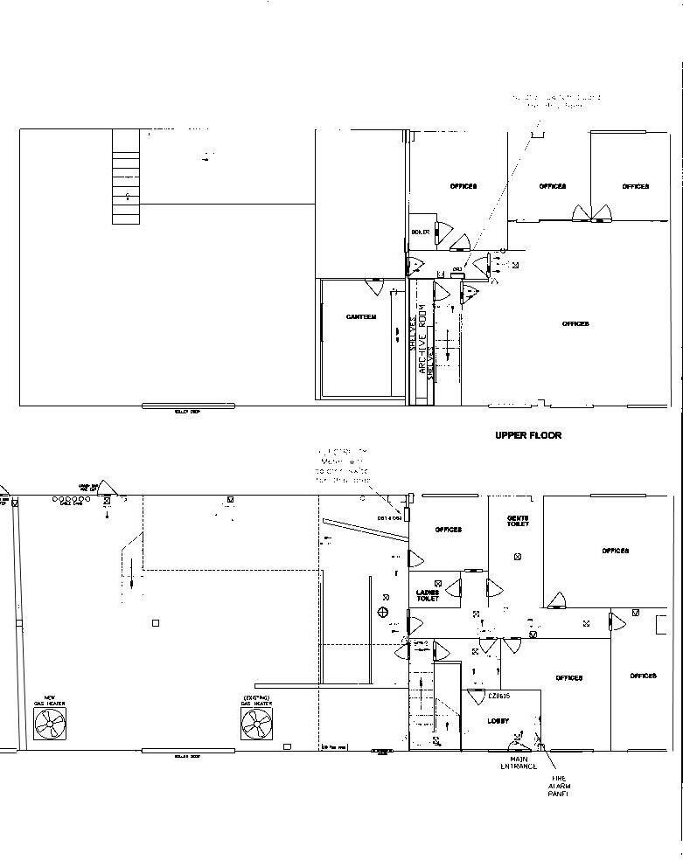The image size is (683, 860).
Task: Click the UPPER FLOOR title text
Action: pyautogui.click(x=528, y=435)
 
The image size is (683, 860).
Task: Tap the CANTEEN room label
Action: pyautogui.click(x=361, y=317)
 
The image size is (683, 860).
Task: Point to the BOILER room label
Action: pyautogui.click(x=421, y=232)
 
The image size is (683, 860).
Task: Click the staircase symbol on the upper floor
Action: pyautogui.click(x=126, y=189)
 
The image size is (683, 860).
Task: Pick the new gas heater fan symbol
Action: pyautogui.click(x=50, y=723)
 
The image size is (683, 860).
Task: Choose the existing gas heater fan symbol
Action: pyautogui.click(x=256, y=723)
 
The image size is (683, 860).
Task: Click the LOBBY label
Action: pyautogui.click(x=498, y=721)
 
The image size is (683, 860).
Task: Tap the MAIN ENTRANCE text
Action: pyautogui.click(x=519, y=763)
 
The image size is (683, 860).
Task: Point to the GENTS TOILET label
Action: pyautogui.click(x=517, y=521)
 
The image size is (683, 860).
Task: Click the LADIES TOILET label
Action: pyautogui.click(x=428, y=596)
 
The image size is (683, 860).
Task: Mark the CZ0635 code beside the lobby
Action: pyautogui.click(x=499, y=697)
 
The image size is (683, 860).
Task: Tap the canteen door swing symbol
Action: pyautogui.click(x=374, y=287)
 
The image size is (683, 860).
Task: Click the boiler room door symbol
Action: pyautogui.click(x=444, y=232)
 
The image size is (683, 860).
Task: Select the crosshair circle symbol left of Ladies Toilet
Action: pyautogui.click(x=383, y=612)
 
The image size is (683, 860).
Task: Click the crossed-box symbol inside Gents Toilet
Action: pyautogui.click(x=519, y=557)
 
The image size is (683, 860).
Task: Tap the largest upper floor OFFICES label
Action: pyautogui.click(x=575, y=324)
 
